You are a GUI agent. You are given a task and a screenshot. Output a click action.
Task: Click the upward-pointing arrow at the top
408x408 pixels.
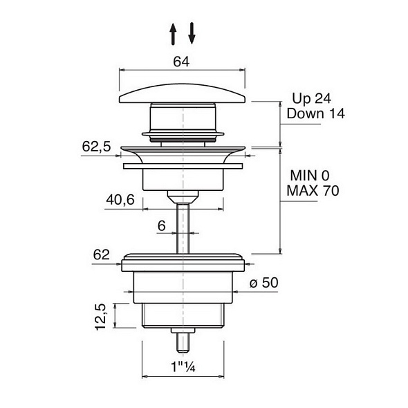(173, 34)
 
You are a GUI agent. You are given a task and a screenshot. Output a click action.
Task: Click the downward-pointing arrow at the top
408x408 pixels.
(192, 33)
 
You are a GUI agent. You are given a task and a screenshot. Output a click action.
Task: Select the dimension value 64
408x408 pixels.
(182, 62)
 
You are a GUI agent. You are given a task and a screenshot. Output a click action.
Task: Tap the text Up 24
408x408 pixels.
(312, 99)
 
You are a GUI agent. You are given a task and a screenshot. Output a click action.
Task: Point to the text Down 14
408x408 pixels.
(315, 113)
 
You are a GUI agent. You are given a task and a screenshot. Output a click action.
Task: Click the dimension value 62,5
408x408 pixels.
(96, 147)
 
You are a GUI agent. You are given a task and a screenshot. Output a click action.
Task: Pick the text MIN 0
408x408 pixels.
(310, 176)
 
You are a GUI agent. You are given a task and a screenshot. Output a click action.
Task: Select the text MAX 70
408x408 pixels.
(313, 190)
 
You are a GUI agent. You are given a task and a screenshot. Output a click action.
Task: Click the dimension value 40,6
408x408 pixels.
(120, 200)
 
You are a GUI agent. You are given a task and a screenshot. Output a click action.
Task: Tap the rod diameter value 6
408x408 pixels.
(162, 225)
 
